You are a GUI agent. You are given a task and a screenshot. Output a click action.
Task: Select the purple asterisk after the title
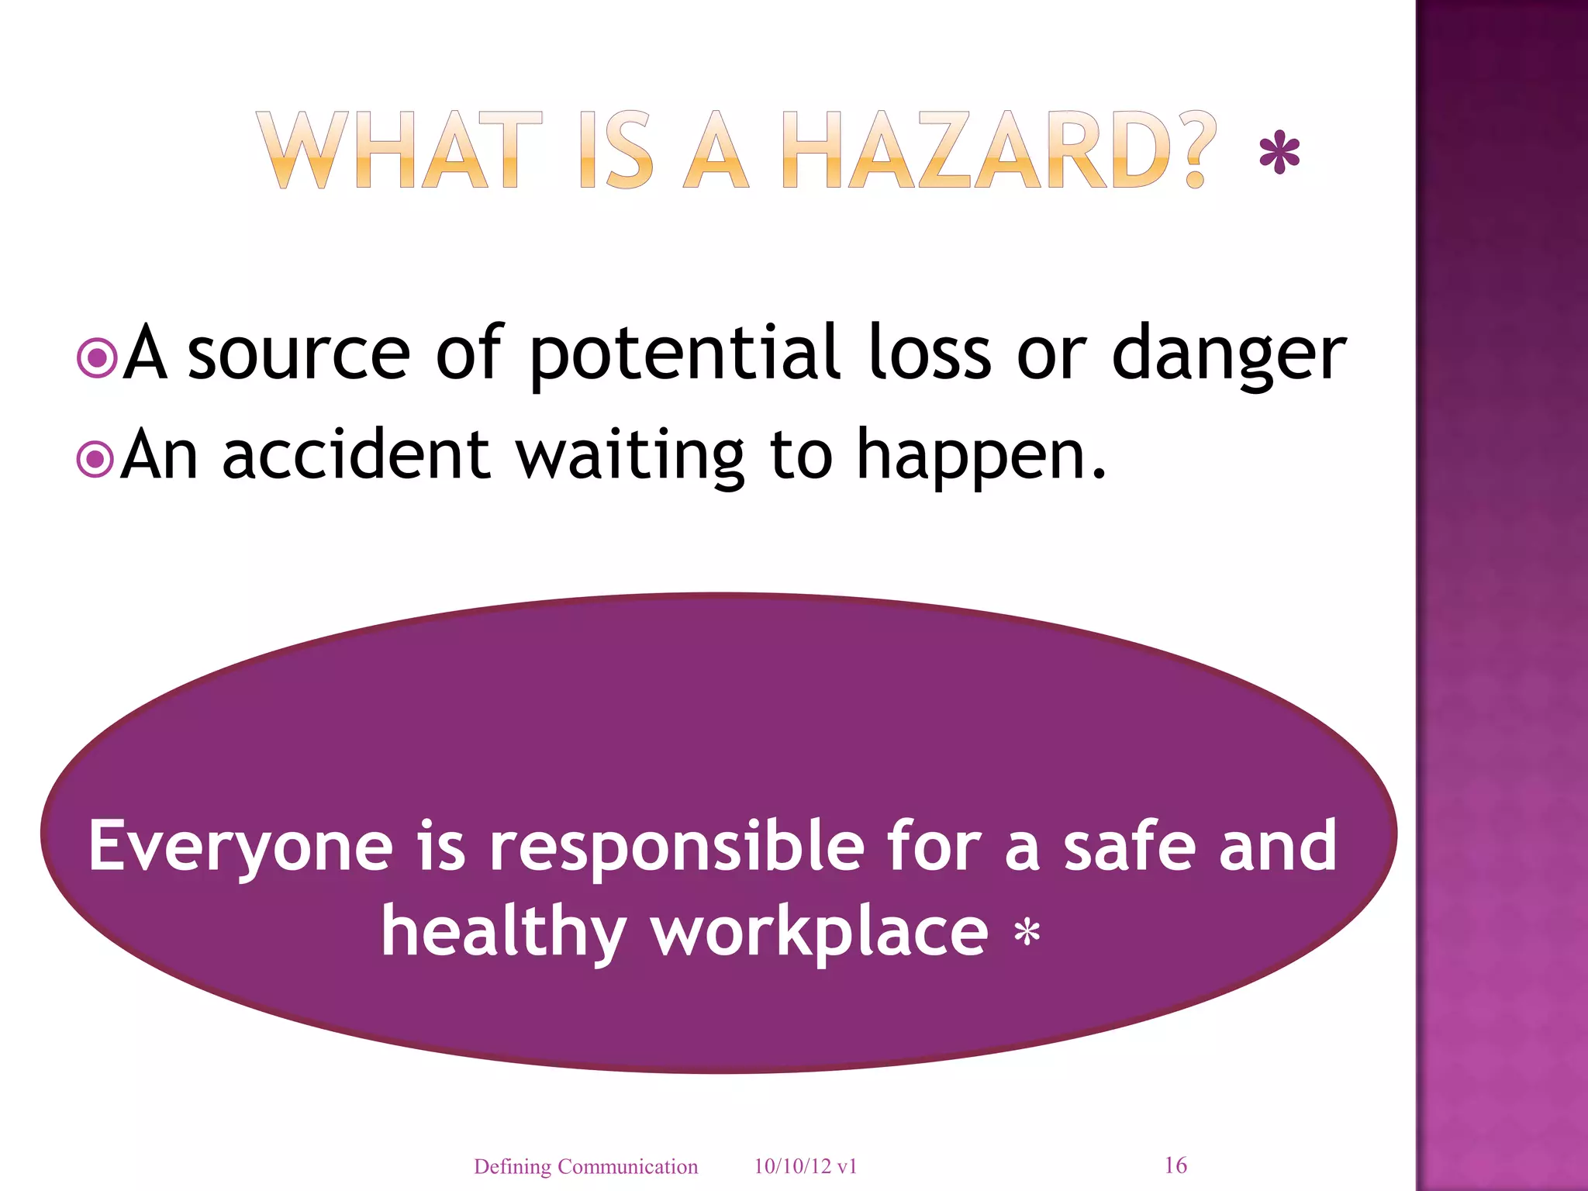pyautogui.click(x=1279, y=154)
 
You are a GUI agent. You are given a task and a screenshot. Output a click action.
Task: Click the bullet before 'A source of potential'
pyautogui.click(x=98, y=357)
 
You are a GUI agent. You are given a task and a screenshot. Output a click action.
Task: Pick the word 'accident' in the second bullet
pyautogui.click(x=356, y=456)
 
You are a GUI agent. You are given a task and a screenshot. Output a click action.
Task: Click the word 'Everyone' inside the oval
pyautogui.click(x=240, y=848)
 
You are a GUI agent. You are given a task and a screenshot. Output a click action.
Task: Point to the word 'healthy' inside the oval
pyautogui.click(x=503, y=932)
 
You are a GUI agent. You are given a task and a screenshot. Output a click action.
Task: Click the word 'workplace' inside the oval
pyautogui.click(x=820, y=932)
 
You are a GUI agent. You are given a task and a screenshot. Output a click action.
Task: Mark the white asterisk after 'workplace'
pyautogui.click(x=1027, y=933)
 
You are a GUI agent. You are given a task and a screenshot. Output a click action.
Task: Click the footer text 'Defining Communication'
pyautogui.click(x=585, y=1166)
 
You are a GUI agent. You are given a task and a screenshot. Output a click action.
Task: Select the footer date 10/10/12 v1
pyautogui.click(x=806, y=1166)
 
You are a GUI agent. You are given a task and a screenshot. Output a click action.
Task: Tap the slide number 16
pyautogui.click(x=1175, y=1165)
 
